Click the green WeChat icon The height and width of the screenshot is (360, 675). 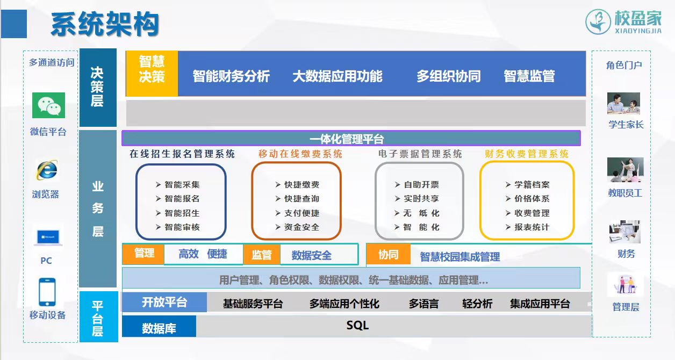[x=48, y=105]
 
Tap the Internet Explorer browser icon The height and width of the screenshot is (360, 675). [x=47, y=170]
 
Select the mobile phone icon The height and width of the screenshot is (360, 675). [x=47, y=292]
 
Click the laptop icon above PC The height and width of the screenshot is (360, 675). [x=48, y=237]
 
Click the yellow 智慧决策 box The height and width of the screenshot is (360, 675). [x=152, y=74]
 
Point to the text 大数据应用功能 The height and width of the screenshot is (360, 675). [x=337, y=76]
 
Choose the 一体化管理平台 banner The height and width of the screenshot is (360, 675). [x=351, y=138]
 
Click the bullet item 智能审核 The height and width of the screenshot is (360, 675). [x=178, y=227]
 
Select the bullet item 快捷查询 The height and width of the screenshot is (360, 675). [x=297, y=199]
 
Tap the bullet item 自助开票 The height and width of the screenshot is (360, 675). [x=417, y=185]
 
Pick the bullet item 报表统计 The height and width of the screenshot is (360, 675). [x=527, y=227]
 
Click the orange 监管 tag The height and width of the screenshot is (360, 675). [x=262, y=255]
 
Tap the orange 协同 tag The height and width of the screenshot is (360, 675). [x=389, y=255]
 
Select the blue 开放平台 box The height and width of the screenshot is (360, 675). [x=164, y=302]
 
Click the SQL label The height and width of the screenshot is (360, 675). [x=357, y=326]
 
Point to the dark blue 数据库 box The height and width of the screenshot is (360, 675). [x=159, y=327]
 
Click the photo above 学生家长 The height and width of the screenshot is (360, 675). [x=623, y=103]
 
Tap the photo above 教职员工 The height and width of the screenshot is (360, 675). [x=625, y=170]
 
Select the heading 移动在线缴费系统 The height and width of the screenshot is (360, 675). [x=300, y=154]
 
